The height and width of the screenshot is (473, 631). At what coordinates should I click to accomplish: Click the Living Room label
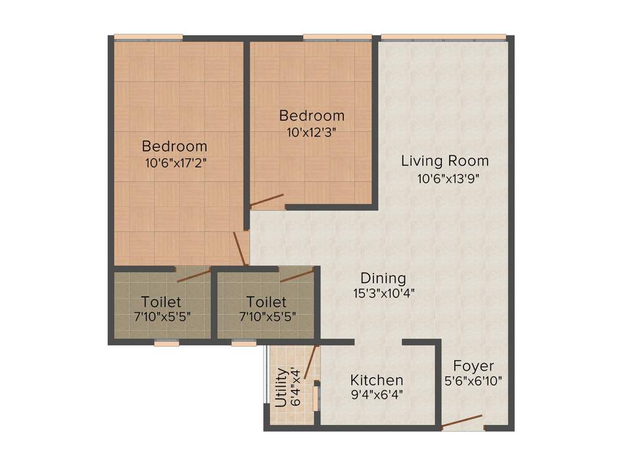(x=444, y=161)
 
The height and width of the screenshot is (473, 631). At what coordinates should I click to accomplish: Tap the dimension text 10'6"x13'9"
(x=448, y=179)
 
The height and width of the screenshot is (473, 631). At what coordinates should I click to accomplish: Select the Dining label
(x=383, y=278)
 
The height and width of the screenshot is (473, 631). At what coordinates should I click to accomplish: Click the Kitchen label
(x=377, y=380)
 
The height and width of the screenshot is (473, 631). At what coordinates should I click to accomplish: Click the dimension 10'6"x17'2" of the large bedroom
(x=174, y=163)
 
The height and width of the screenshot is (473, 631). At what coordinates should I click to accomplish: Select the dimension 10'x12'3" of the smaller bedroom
(x=311, y=132)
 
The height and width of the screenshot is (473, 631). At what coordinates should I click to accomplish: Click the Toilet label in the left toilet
(x=161, y=302)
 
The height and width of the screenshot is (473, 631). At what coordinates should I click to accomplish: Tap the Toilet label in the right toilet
(x=266, y=302)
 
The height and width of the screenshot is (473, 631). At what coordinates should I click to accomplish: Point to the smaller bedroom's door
(x=266, y=200)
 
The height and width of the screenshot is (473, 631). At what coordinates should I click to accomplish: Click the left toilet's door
(x=193, y=275)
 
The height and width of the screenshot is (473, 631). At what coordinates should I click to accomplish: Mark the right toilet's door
(x=297, y=275)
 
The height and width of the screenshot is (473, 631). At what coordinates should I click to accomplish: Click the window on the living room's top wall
(x=444, y=37)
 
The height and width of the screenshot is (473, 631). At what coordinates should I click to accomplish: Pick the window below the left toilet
(x=166, y=343)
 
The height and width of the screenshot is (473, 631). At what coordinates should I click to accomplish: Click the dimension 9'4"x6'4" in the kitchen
(x=377, y=395)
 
